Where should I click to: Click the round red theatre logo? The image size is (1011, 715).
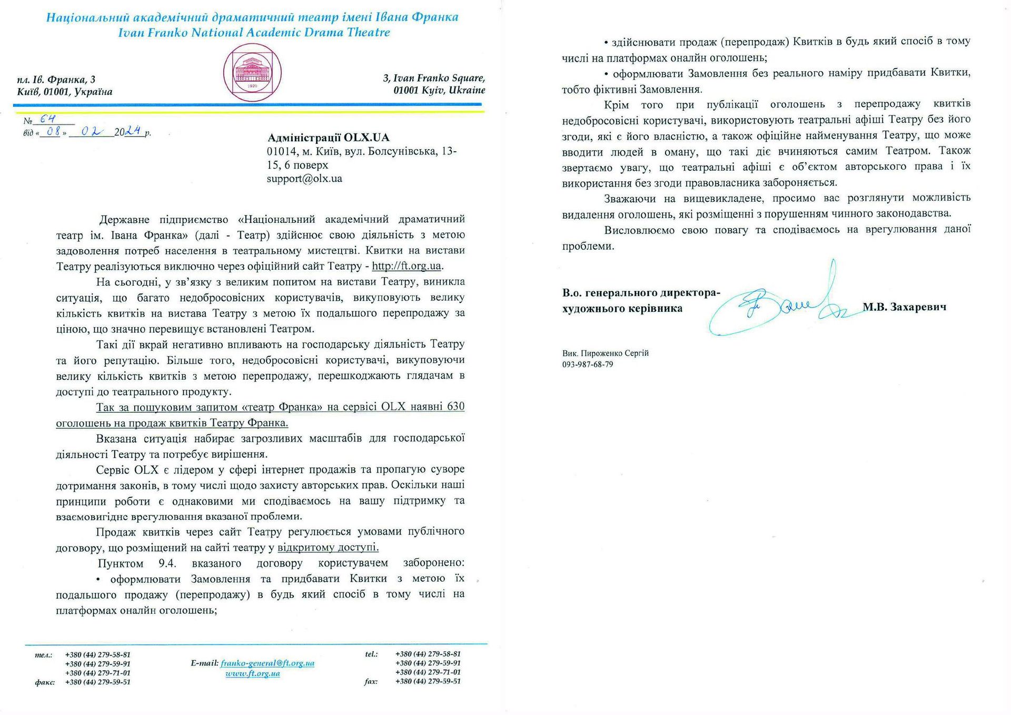click(x=252, y=73)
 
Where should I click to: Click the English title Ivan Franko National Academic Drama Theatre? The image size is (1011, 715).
click(x=254, y=33)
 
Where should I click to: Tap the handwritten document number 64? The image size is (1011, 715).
click(x=47, y=119)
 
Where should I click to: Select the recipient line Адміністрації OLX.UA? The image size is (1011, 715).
click(x=328, y=138)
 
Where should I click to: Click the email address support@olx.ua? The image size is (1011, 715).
click(x=304, y=179)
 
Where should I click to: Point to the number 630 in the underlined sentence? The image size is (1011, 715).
click(x=455, y=407)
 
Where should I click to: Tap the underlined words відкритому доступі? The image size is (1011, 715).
click(x=328, y=547)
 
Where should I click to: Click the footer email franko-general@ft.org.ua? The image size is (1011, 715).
click(x=267, y=663)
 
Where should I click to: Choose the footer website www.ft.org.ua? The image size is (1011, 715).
click(x=253, y=673)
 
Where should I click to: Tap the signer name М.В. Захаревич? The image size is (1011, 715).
click(x=904, y=307)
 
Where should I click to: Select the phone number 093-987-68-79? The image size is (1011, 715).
click(x=588, y=365)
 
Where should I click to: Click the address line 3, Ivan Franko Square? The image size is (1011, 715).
click(x=434, y=78)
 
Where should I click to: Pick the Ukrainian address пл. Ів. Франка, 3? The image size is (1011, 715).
click(x=56, y=80)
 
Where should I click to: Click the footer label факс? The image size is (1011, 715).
click(x=45, y=682)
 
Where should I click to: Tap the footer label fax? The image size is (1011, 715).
click(x=371, y=681)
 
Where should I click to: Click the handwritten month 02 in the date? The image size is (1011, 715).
click(x=91, y=132)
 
